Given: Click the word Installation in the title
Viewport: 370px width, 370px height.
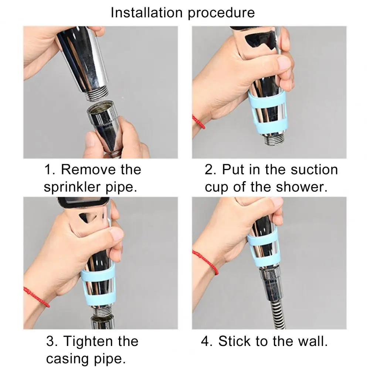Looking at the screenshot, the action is [147, 12].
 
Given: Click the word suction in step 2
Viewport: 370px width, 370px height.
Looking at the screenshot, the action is [314, 169].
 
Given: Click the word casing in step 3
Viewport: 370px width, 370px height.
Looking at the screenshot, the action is [68, 359].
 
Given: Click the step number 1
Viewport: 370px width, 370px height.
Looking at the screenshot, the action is [49, 170].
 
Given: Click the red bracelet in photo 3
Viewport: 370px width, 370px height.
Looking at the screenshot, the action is [37, 297].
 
